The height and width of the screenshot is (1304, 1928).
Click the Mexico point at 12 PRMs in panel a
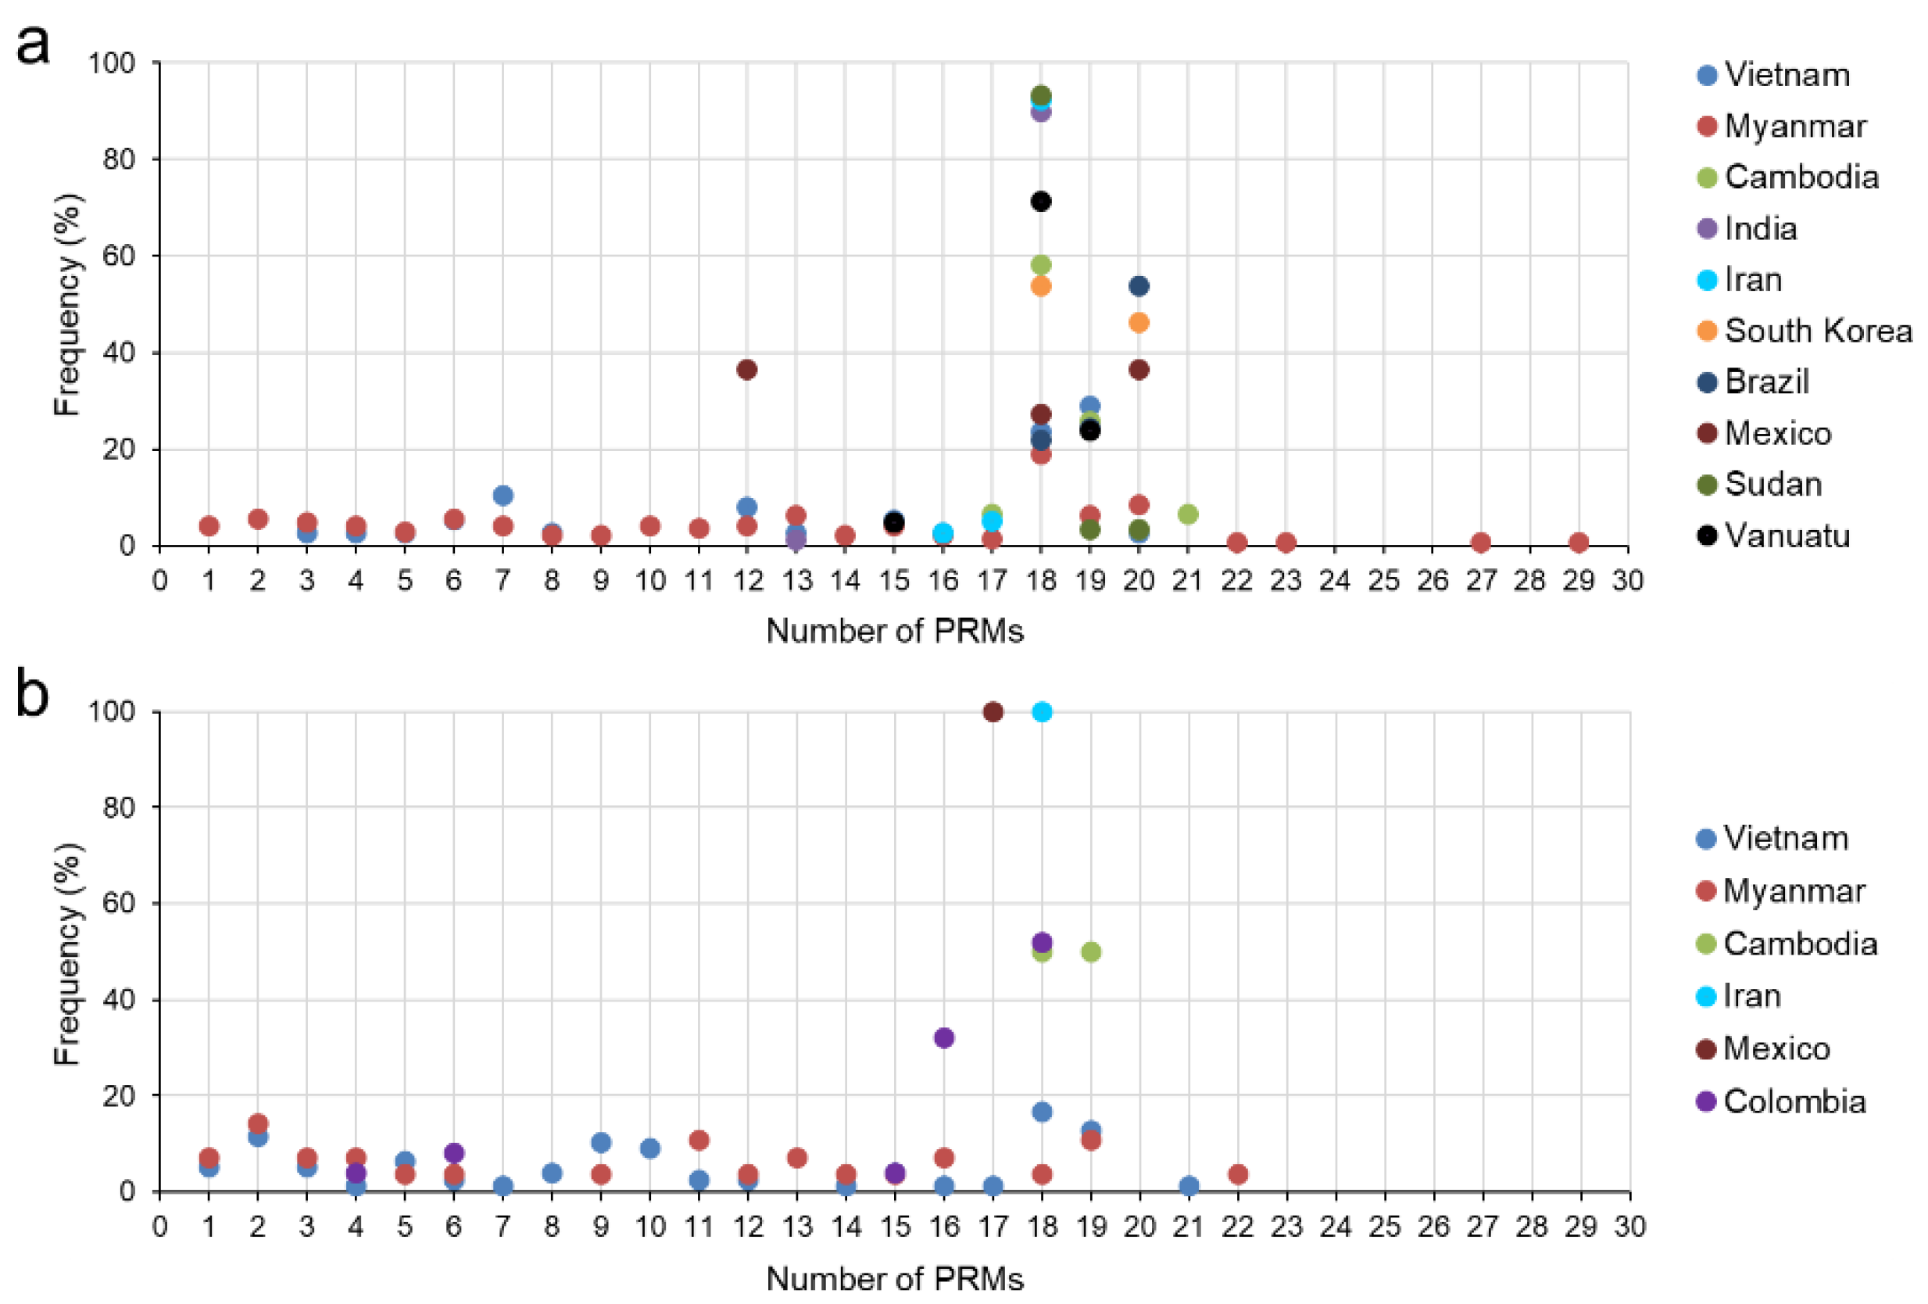(746, 369)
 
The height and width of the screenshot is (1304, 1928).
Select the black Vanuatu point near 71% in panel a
(1040, 201)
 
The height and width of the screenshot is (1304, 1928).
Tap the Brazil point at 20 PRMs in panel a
(1138, 285)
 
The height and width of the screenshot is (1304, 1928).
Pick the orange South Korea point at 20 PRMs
(1138, 322)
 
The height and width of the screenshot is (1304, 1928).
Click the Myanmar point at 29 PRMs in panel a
(1578, 542)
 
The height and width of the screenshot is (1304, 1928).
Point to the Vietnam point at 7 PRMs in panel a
(503, 495)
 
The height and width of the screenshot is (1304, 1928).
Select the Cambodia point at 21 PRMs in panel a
(1187, 514)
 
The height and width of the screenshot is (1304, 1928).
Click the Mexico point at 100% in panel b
(993, 711)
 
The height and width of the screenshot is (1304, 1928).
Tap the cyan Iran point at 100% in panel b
(1042, 711)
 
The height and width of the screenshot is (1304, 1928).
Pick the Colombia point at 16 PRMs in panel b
(943, 1037)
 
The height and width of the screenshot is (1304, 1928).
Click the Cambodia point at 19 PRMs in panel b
(1091, 951)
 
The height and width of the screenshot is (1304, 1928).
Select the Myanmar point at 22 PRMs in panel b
(1237, 1173)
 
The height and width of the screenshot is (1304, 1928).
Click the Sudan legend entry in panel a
(1772, 484)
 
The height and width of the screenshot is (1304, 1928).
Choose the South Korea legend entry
(1817, 331)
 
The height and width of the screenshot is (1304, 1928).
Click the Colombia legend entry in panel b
(1793, 1102)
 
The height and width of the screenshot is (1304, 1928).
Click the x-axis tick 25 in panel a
(1383, 580)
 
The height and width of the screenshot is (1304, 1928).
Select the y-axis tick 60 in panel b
(119, 902)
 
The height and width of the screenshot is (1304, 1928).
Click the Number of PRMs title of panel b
(893, 1278)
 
